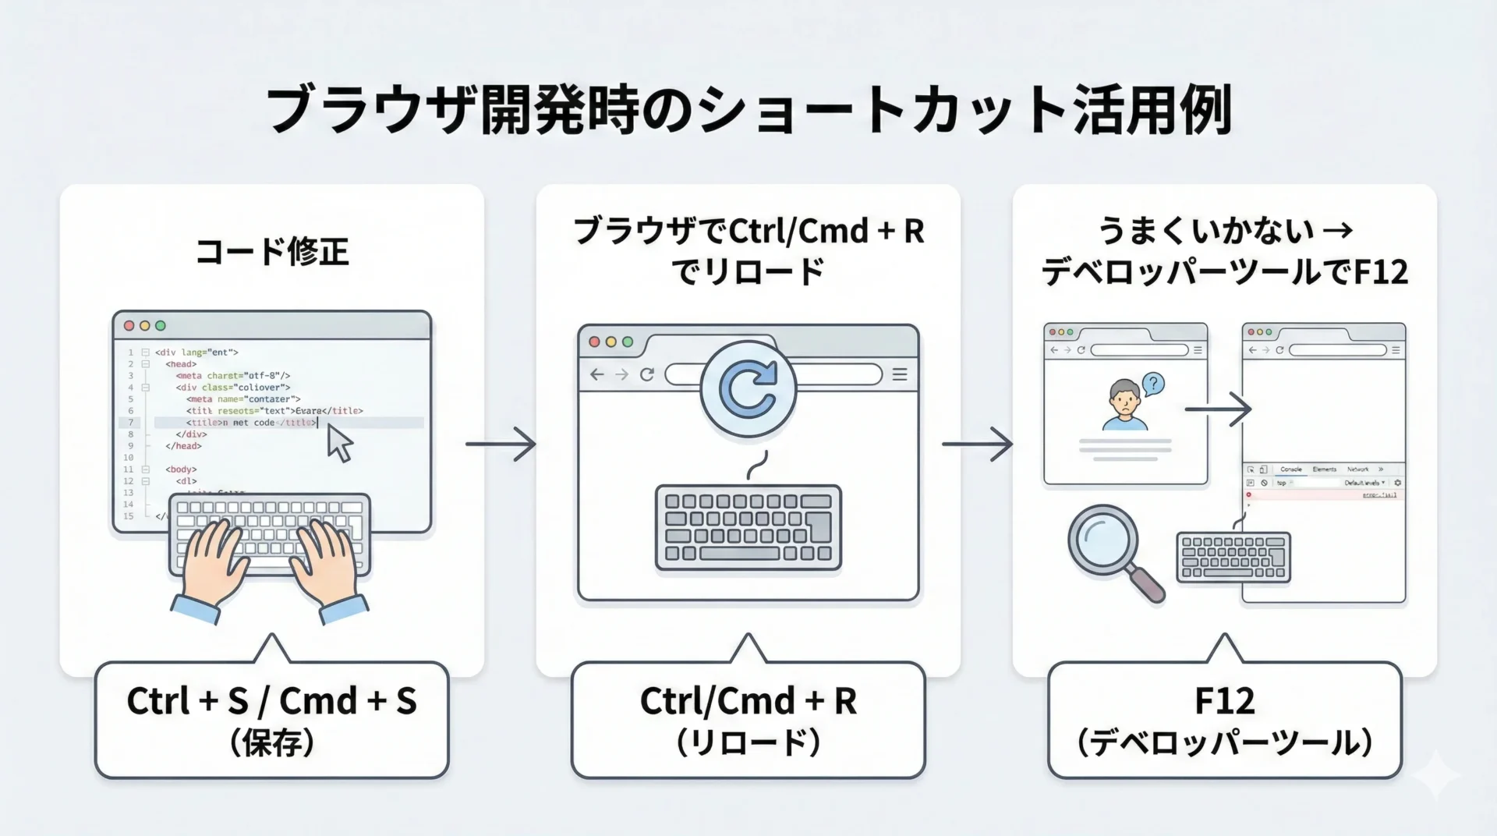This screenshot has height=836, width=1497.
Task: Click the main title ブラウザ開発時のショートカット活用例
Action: [x=748, y=111]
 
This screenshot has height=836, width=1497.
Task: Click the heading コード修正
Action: [x=271, y=252]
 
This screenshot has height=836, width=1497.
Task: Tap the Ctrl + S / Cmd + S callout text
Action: [x=271, y=701]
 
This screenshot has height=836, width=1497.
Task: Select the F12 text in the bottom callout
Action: [x=1224, y=701]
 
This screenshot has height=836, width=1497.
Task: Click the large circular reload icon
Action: [x=748, y=388]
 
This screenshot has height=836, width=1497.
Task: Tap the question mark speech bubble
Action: [x=1152, y=383]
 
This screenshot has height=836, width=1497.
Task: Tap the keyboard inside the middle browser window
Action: [x=748, y=527]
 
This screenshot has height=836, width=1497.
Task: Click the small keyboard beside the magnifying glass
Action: [x=1233, y=557]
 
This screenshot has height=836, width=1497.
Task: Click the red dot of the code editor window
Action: [x=129, y=326]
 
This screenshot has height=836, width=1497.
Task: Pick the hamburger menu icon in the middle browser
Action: [x=900, y=374]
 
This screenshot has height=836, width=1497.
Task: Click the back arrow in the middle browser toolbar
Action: [x=597, y=374]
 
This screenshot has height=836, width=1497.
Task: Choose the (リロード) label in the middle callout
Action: [x=748, y=742]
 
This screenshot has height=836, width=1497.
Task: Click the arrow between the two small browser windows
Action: [x=1218, y=409]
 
